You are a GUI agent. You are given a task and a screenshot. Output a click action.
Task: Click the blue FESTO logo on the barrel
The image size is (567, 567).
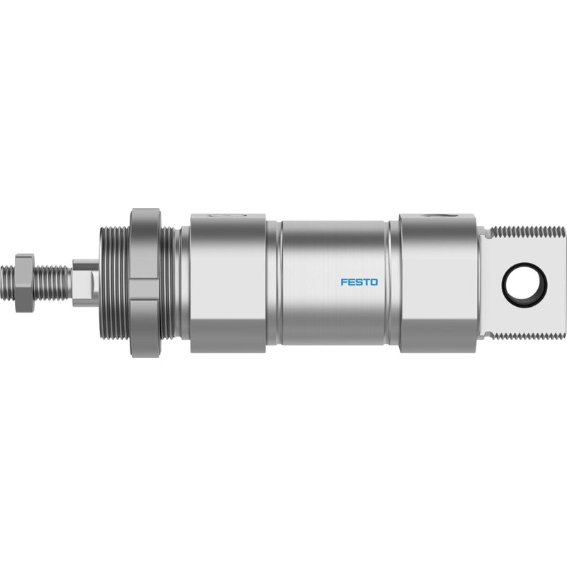point(359,282)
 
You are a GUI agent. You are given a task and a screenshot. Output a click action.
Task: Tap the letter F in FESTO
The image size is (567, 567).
point(344,282)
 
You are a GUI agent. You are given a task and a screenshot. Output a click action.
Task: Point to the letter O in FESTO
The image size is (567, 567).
point(374,282)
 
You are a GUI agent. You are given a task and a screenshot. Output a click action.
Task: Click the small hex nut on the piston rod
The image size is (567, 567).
point(25,283)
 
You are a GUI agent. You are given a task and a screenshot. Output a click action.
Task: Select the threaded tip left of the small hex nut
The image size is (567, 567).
point(8,283)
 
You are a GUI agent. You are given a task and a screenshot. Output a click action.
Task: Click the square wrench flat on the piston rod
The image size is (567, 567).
point(86,283)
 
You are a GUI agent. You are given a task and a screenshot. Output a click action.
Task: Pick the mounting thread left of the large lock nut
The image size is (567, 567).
point(114,283)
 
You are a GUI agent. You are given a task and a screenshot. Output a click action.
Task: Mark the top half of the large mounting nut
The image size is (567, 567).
point(145,244)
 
